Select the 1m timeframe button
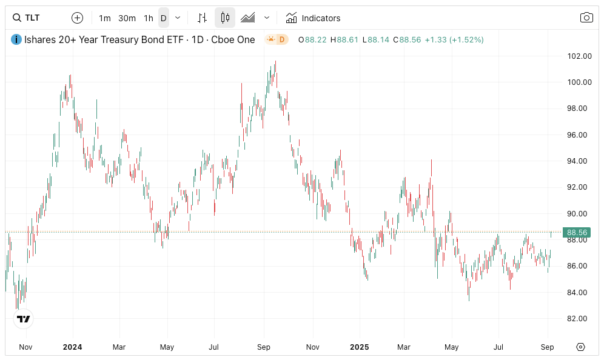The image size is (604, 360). tap(105, 18)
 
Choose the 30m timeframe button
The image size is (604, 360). tap(127, 18)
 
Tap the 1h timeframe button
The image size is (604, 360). tap(149, 18)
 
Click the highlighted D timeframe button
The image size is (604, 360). tap(163, 18)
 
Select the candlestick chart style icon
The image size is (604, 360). tap(225, 18)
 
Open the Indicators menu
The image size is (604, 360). tap(313, 18)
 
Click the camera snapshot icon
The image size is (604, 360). tap(586, 18)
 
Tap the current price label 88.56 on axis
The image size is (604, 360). tap(575, 232)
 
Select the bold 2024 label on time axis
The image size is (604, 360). tap(72, 347)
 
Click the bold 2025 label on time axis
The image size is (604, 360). tap(359, 347)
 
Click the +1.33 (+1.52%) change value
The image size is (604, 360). tap(454, 40)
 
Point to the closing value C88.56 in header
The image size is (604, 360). tap(407, 40)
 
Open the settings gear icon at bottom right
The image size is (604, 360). tap(580, 347)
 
